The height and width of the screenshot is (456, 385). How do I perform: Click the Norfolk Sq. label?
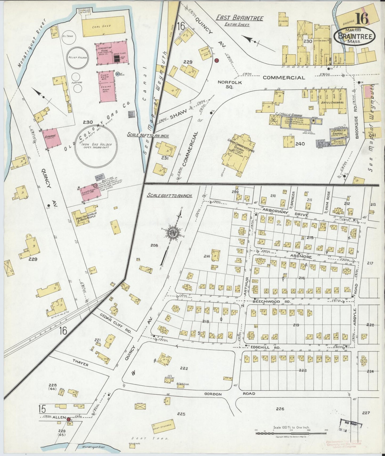tap(230, 84)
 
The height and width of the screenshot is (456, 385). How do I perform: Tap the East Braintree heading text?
tap(239, 18)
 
